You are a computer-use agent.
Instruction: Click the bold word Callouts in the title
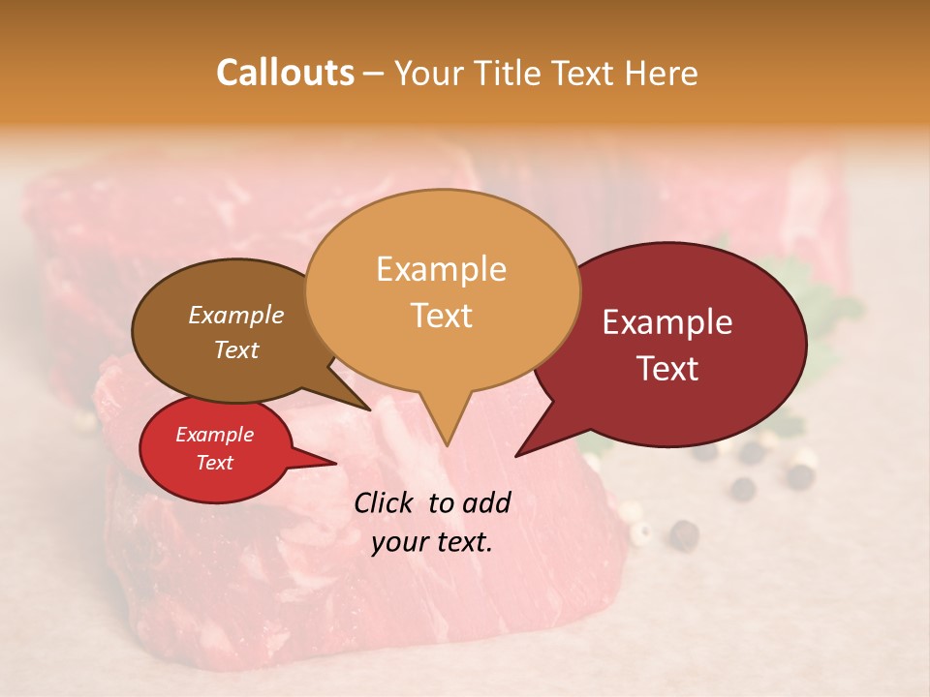click(x=285, y=73)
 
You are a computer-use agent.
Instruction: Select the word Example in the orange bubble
click(x=441, y=269)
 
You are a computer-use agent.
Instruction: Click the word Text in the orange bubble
click(x=441, y=315)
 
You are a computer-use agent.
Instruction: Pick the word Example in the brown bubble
click(x=235, y=315)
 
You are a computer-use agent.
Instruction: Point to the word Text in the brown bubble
click(x=235, y=349)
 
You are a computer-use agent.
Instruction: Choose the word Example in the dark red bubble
click(x=667, y=322)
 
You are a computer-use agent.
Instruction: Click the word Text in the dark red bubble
click(x=667, y=368)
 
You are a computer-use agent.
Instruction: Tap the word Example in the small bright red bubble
click(x=214, y=435)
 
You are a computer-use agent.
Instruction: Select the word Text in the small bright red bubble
click(x=214, y=463)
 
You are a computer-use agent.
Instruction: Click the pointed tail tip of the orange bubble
click(x=447, y=445)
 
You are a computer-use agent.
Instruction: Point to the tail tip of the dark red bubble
click(x=516, y=455)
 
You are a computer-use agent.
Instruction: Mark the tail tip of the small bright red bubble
click(x=335, y=463)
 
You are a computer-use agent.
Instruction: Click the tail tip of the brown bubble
click(x=370, y=409)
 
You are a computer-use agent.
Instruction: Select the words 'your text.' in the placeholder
click(x=432, y=542)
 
